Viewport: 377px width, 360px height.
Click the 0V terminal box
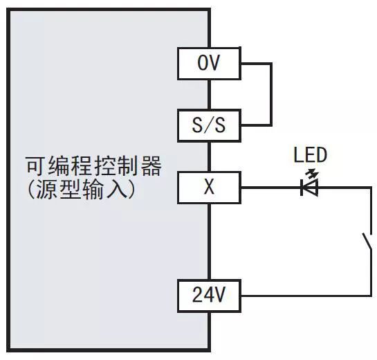(x=209, y=64)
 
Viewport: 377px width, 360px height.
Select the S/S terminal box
(x=209, y=125)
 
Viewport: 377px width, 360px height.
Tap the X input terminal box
(x=209, y=187)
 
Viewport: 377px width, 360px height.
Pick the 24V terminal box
(x=209, y=296)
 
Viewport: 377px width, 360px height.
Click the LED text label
(x=310, y=154)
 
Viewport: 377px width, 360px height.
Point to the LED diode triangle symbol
(x=309, y=187)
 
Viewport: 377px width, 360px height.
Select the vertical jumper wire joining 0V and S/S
(x=271, y=94)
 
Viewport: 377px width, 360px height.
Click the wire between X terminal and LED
(x=270, y=187)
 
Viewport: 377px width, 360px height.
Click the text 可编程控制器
(x=93, y=167)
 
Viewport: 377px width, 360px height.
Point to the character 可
(x=35, y=167)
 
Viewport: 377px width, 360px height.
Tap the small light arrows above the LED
(x=317, y=173)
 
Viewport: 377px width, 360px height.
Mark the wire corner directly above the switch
(x=369, y=187)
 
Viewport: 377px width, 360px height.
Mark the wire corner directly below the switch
(x=369, y=296)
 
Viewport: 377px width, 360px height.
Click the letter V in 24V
(x=219, y=296)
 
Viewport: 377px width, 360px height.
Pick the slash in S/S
(x=209, y=125)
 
